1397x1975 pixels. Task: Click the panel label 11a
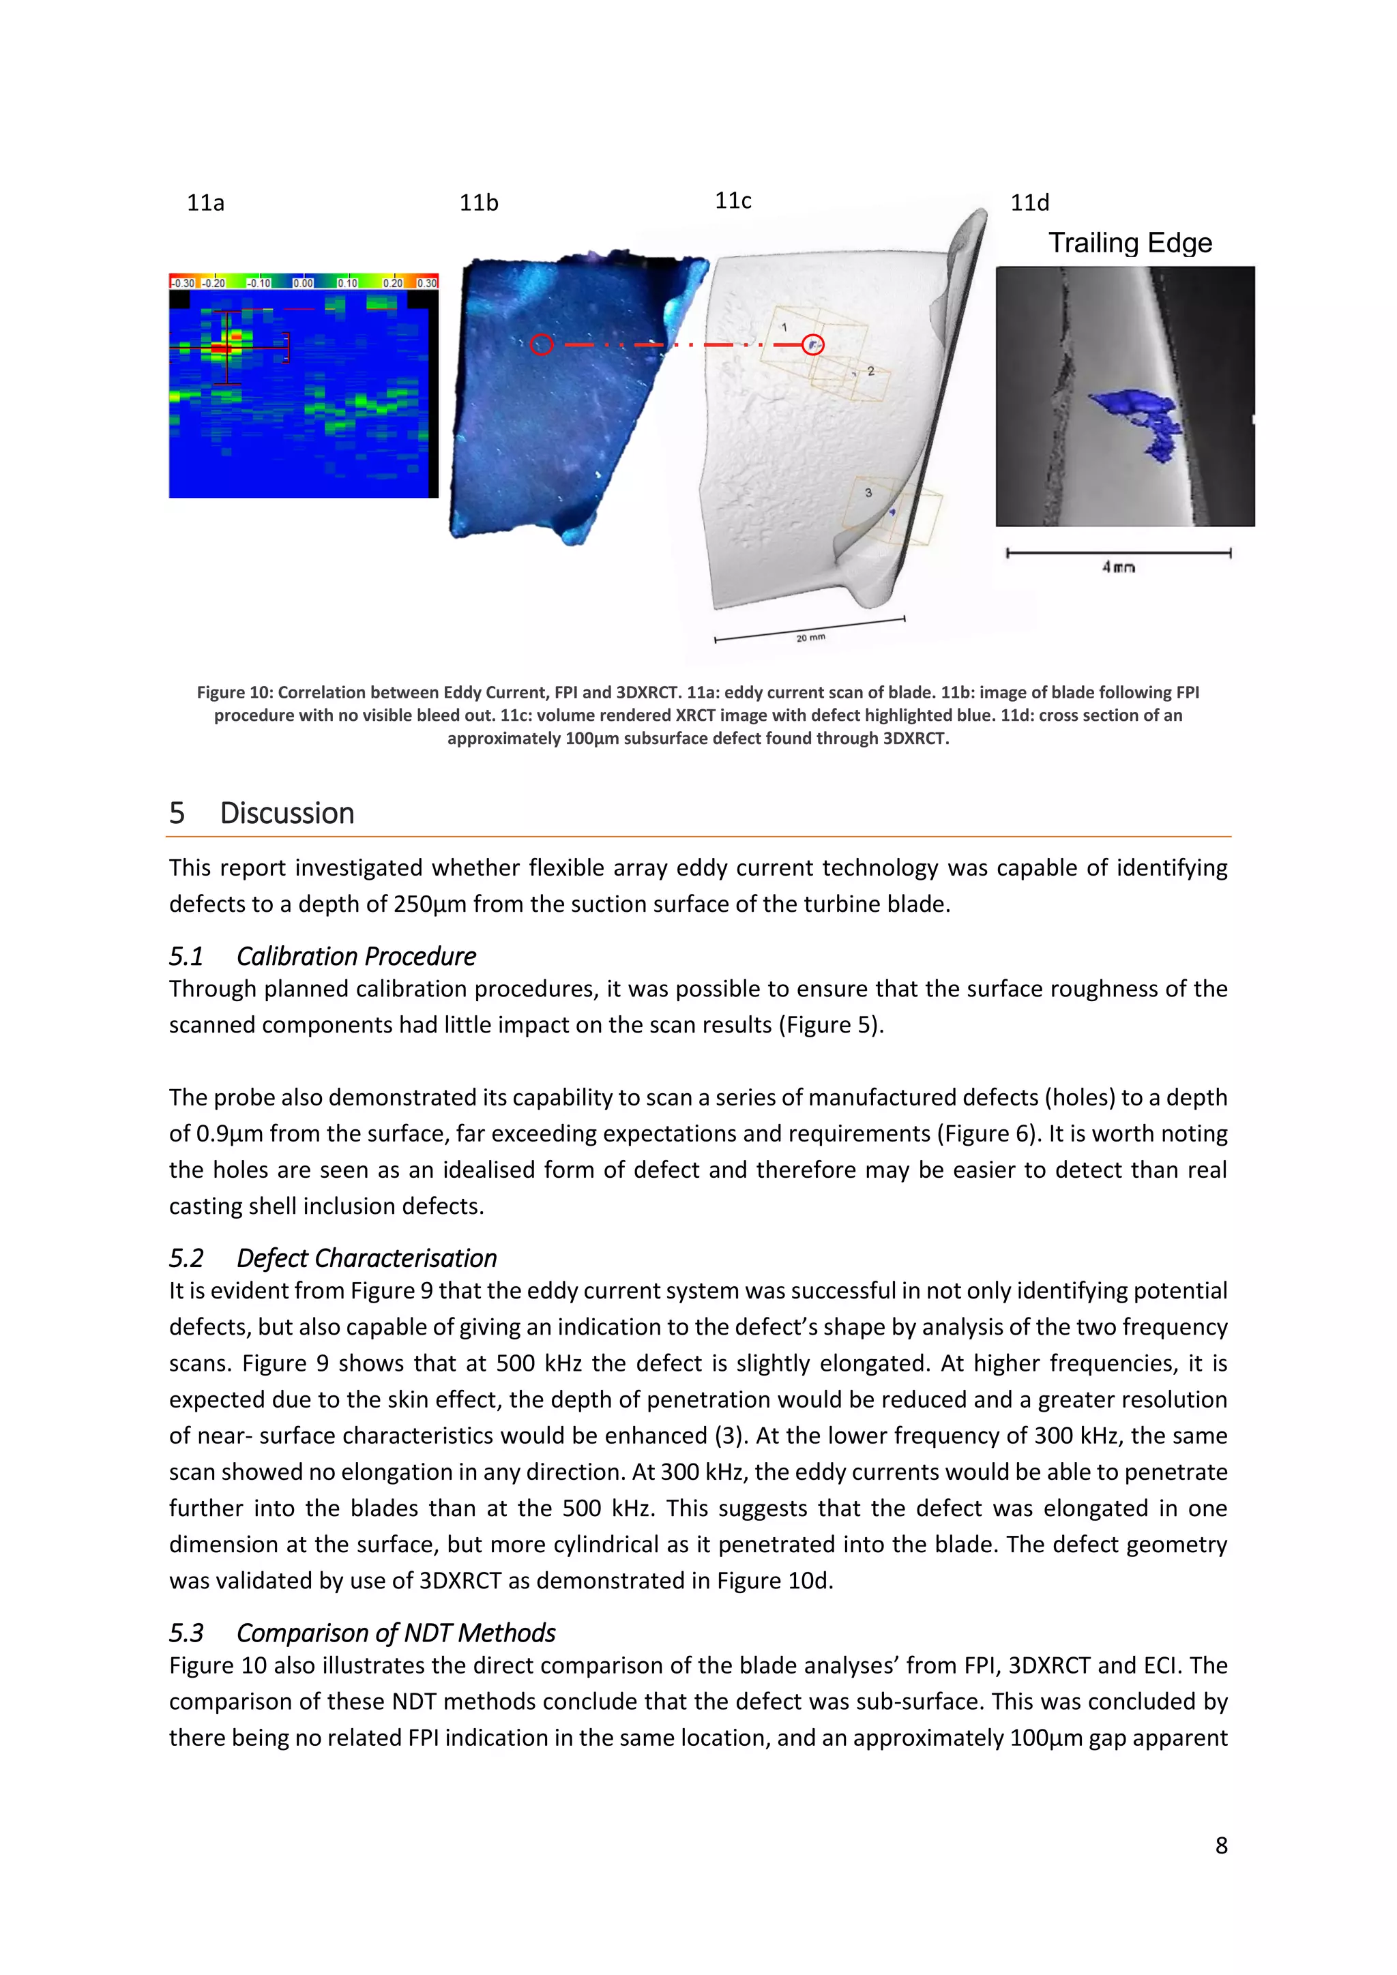click(x=205, y=203)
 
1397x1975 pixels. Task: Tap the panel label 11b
click(x=478, y=203)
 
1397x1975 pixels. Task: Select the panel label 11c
click(x=733, y=201)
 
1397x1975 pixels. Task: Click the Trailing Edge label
click(x=1130, y=243)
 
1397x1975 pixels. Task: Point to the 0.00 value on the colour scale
click(x=303, y=283)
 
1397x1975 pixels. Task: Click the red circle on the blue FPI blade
click(x=541, y=345)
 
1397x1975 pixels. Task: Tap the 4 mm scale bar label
click(x=1118, y=567)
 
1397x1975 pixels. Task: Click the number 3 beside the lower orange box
click(x=868, y=493)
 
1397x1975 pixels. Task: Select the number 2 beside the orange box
click(x=870, y=371)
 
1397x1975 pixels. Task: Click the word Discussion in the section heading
click(x=286, y=813)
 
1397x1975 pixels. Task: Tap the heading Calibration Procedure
click(x=356, y=957)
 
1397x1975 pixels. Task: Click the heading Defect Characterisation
click(x=366, y=1258)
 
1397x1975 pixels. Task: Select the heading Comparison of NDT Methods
click(x=396, y=1633)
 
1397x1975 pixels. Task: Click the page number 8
click(x=1220, y=1846)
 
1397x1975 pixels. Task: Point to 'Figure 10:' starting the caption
click(x=234, y=692)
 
